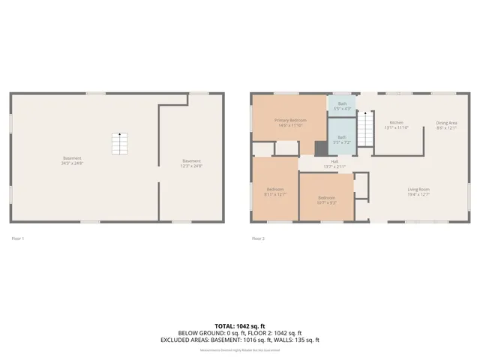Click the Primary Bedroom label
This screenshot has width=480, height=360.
point(289,123)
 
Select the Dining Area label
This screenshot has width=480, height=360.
point(447,124)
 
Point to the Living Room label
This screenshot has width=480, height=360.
point(418,191)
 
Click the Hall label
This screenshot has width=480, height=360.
point(334,163)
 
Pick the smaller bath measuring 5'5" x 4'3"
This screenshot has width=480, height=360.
point(342,106)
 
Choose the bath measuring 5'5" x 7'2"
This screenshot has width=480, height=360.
point(342,139)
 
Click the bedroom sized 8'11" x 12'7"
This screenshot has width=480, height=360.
point(274,191)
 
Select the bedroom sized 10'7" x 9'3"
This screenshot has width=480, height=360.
point(325,199)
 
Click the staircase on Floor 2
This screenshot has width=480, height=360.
point(364,129)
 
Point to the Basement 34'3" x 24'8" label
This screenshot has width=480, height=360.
point(72,160)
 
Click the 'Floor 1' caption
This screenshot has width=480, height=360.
point(18,238)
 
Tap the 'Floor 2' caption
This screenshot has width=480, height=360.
point(258,238)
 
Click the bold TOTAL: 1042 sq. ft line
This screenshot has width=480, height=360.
point(239,325)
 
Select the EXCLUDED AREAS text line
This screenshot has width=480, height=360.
point(239,340)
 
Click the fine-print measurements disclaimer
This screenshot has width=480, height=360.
point(239,349)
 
